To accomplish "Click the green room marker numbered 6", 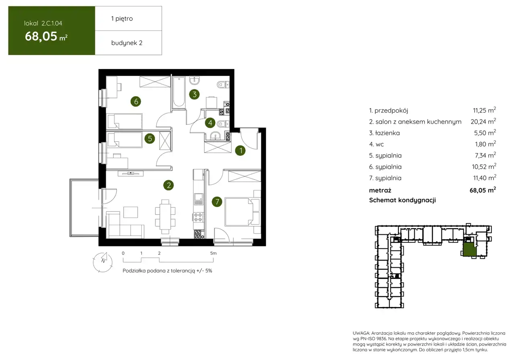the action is pyautogui.click(x=136, y=102).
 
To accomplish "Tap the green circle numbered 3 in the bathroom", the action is pyautogui.click(x=194, y=94).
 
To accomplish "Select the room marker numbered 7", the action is pyautogui.click(x=217, y=202).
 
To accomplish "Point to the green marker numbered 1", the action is pyautogui.click(x=241, y=151).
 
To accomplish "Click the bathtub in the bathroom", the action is pyautogui.click(x=179, y=92).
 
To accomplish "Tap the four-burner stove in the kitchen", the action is pyautogui.click(x=198, y=217).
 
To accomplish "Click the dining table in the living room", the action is pyautogui.click(x=165, y=216).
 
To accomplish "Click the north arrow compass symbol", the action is pyautogui.click(x=103, y=262).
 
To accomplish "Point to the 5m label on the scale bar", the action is pyautogui.click(x=213, y=253).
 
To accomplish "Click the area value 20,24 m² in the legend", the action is pyautogui.click(x=483, y=121).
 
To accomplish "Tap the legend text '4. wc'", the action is pyautogui.click(x=376, y=144).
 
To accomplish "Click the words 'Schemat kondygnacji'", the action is pyautogui.click(x=402, y=200).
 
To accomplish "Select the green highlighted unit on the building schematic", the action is pyautogui.click(x=469, y=250).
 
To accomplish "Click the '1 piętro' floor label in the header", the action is pyautogui.click(x=122, y=18).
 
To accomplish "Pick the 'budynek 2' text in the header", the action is pyautogui.click(x=126, y=43).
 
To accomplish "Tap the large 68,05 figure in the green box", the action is pyautogui.click(x=41, y=36).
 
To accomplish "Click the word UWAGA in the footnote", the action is pyautogui.click(x=361, y=333).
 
